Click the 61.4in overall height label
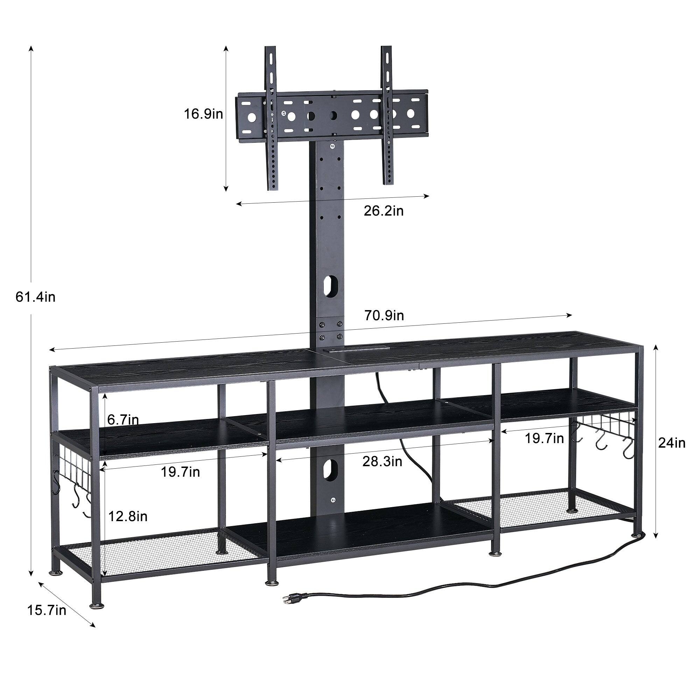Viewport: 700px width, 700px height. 35,297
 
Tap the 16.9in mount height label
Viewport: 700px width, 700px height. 203,114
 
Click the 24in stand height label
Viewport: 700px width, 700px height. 672,443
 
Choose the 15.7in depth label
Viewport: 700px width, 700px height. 47,610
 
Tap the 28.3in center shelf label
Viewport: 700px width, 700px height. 382,462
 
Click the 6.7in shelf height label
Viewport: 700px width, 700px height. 123,420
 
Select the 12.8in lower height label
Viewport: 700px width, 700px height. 128,516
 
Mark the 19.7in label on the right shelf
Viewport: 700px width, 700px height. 545,439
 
